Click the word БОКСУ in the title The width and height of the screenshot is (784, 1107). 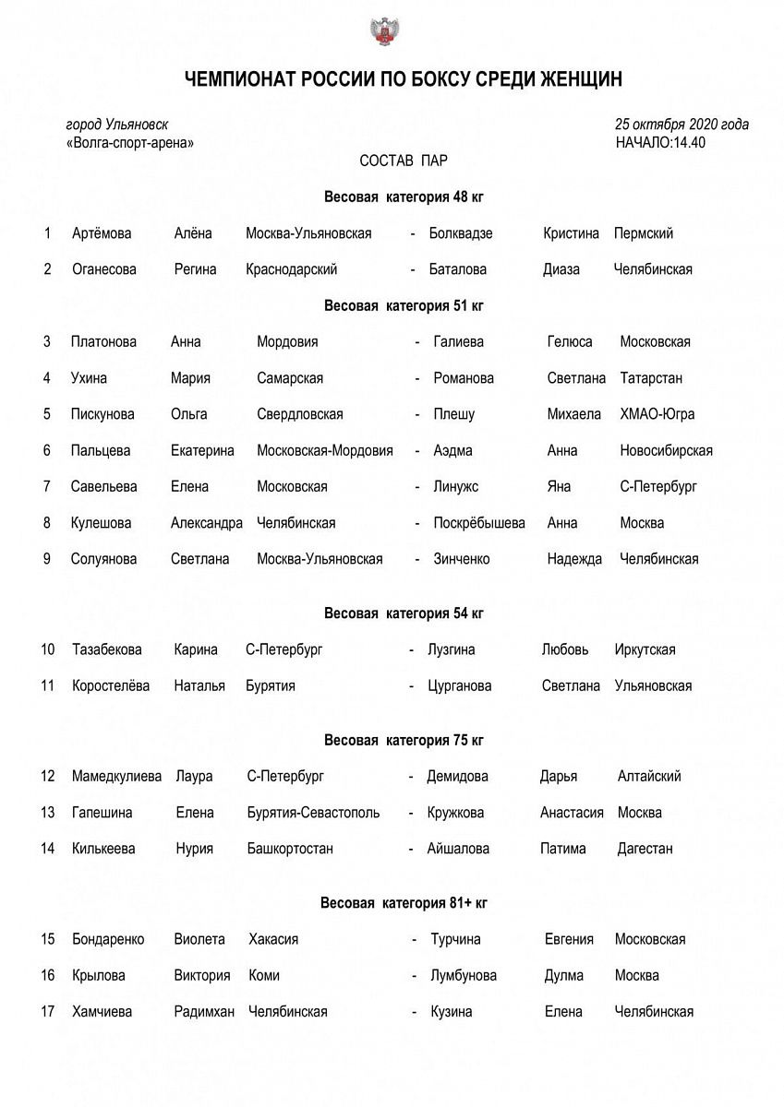(x=442, y=80)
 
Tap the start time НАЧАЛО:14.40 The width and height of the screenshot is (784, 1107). (x=660, y=142)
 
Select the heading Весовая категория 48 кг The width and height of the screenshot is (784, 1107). (x=404, y=196)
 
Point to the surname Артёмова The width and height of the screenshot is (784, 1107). (x=102, y=233)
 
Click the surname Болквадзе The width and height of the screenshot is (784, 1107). (x=461, y=233)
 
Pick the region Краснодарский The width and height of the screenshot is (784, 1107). (x=291, y=269)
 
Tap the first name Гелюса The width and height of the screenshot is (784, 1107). (x=570, y=341)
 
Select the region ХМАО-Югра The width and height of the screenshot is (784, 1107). (x=657, y=414)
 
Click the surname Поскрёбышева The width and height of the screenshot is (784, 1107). (x=479, y=523)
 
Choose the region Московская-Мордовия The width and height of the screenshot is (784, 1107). (x=325, y=450)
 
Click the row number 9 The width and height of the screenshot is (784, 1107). (x=46, y=559)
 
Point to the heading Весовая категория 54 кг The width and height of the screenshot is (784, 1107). (x=404, y=613)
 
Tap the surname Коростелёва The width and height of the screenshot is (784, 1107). (x=110, y=685)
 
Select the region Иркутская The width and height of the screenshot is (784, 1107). (x=645, y=649)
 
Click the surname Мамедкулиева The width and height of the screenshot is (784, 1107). (x=116, y=776)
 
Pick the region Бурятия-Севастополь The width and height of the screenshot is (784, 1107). (x=313, y=813)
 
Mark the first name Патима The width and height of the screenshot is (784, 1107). (x=563, y=849)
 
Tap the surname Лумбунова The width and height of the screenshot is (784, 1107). (x=464, y=975)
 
